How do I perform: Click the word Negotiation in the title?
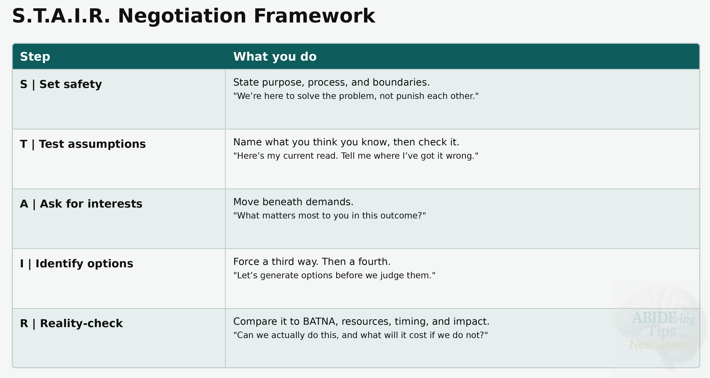182,16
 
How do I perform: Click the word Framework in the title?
314,16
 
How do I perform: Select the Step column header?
35,57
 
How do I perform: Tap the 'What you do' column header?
275,57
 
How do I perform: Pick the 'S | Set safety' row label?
61,84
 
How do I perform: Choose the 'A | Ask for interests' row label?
81,204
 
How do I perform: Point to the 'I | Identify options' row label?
77,264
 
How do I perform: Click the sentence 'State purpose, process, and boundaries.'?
331,82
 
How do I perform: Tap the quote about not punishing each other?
356,96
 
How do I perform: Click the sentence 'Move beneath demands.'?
293,202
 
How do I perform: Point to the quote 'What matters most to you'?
330,215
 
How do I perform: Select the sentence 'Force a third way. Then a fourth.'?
312,262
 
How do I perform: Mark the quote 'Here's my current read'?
356,156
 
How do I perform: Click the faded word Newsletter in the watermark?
661,345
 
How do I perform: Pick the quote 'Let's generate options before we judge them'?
334,275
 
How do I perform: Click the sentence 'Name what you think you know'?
346,142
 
